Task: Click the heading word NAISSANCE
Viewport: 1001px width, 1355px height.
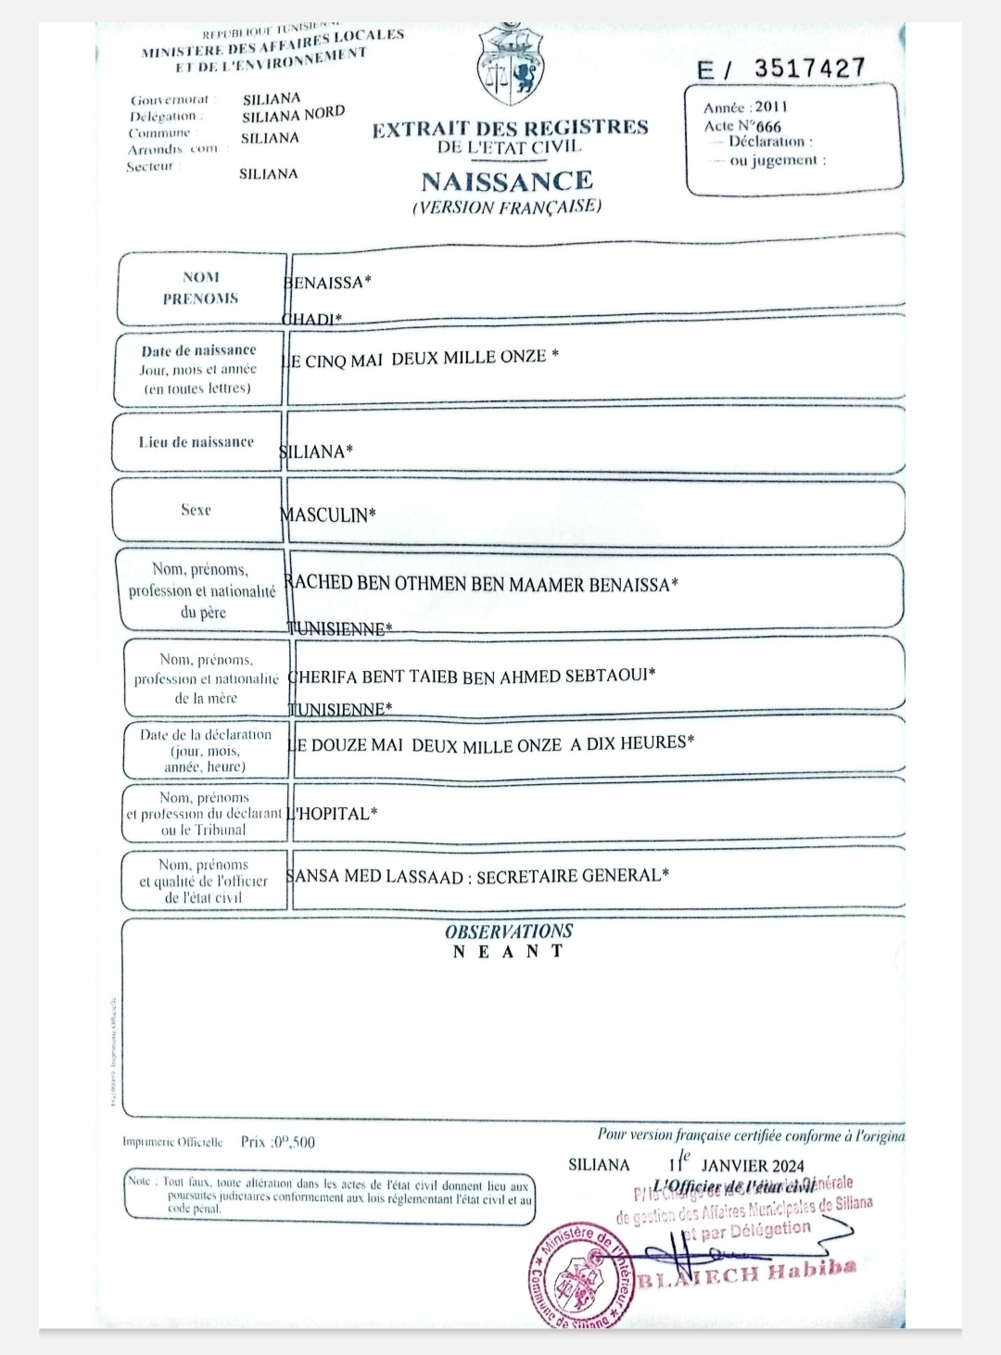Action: point(507,181)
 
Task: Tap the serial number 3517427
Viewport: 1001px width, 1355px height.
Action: point(809,69)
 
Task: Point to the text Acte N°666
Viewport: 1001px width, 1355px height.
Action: point(742,126)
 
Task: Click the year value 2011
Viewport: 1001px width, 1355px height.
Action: point(770,107)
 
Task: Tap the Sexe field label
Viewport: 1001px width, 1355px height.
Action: point(196,510)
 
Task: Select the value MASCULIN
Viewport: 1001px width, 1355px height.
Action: point(329,514)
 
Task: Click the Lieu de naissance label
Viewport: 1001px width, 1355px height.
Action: point(196,442)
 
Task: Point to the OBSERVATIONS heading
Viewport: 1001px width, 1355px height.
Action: point(509,931)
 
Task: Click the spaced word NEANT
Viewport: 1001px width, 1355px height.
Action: point(508,952)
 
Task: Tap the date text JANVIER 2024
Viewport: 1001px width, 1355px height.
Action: point(753,1166)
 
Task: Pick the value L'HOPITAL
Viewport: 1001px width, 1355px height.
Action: point(332,814)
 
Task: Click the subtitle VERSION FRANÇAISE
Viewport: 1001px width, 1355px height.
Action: point(507,207)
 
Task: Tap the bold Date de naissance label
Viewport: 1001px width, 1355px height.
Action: point(198,350)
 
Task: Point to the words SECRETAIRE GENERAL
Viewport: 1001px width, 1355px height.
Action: point(572,876)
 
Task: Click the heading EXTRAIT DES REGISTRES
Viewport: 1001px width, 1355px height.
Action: point(510,129)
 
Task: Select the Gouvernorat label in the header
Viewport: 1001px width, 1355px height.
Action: point(171,99)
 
